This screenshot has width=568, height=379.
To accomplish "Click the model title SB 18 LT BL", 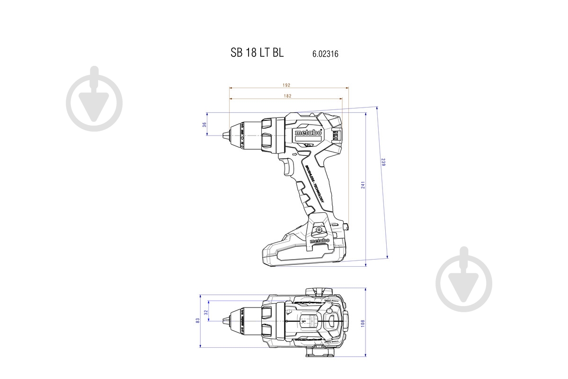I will [257, 53].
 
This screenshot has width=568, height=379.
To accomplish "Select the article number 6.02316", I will [325, 54].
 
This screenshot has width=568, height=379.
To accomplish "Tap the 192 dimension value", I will [286, 85].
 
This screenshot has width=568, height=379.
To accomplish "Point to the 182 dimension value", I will [287, 96].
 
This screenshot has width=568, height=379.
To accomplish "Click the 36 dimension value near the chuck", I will [204, 125].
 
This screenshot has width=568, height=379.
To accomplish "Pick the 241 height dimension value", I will [363, 185].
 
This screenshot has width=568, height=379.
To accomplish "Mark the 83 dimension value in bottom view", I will [198, 321].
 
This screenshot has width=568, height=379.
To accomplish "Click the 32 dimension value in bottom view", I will [205, 313].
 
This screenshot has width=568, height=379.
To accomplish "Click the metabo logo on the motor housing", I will [308, 133].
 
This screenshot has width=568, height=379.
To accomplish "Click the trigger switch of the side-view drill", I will [287, 167].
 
